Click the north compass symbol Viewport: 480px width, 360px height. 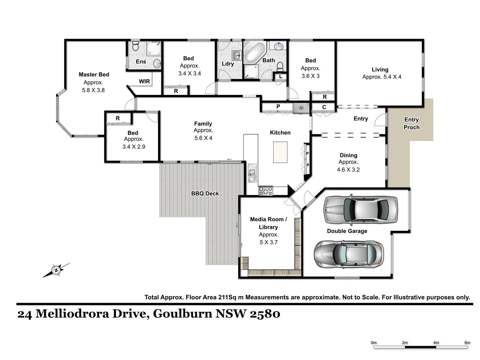point(56,270)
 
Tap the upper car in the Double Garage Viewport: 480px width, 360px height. point(361,209)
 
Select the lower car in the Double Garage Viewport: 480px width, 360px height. point(348,254)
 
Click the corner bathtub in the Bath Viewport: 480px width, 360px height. point(254,52)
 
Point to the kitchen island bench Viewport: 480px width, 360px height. point(280,152)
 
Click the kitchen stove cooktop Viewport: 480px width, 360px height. point(266,191)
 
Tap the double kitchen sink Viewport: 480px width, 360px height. point(252,173)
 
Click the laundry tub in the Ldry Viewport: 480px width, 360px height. point(236,55)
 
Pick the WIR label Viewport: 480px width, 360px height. point(144,81)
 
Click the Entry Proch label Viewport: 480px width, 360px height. point(411,123)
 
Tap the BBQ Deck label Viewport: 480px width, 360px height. point(205,193)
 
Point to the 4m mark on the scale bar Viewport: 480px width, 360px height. point(436,343)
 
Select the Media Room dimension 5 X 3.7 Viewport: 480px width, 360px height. point(269,242)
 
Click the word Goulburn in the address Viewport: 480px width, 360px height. point(183,314)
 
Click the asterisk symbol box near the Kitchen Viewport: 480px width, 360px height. point(301,108)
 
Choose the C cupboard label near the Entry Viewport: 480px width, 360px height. point(324,107)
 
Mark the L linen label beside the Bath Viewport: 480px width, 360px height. point(281,76)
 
